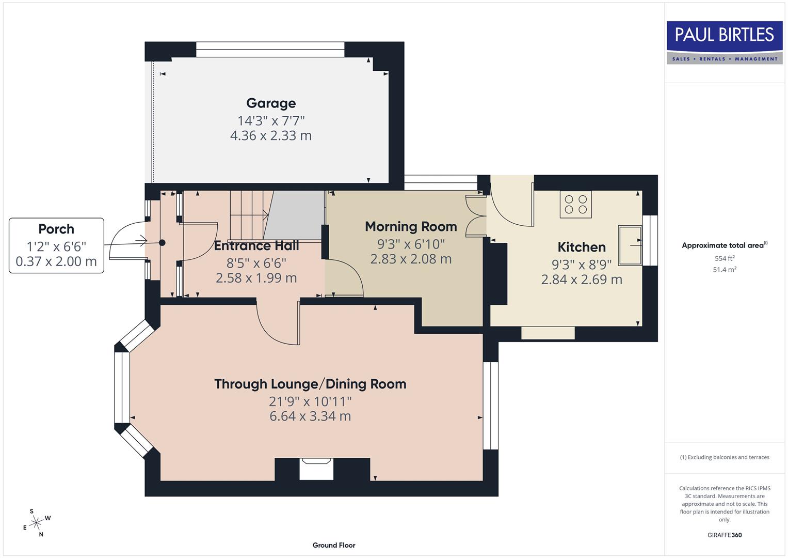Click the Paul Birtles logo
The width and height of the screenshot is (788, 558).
[x=724, y=42]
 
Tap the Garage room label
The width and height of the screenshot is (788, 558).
[x=271, y=103]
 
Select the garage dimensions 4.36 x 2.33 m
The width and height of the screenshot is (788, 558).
[x=271, y=136]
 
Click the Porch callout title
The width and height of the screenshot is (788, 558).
[x=56, y=229]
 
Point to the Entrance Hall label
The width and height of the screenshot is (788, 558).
[x=256, y=246]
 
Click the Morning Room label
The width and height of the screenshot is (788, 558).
[x=411, y=227]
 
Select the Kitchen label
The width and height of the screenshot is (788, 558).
[x=582, y=247]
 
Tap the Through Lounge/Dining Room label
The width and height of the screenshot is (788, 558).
[x=310, y=384]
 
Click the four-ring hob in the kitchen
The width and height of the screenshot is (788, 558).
[x=575, y=205]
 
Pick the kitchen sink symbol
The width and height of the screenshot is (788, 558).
[x=630, y=245]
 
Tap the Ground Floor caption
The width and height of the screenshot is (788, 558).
[x=334, y=545]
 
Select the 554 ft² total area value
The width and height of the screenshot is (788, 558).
[x=725, y=258]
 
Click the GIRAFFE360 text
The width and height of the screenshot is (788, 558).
[x=725, y=535]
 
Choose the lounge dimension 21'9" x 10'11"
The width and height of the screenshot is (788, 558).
[x=310, y=401]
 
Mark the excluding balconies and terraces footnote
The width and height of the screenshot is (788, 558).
[x=725, y=457]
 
